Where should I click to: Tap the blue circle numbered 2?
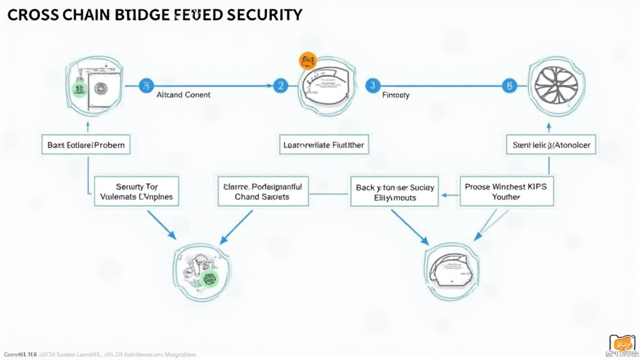click(x=280, y=86)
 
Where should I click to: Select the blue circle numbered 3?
click(x=372, y=86)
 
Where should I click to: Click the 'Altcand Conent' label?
click(x=183, y=95)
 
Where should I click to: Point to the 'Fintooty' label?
click(x=396, y=96)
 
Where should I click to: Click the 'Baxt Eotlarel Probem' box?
click(x=86, y=145)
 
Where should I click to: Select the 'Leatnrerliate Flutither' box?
click(x=323, y=145)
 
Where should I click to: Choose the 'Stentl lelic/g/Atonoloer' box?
click(x=551, y=145)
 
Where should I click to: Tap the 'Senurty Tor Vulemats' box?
click(x=137, y=191)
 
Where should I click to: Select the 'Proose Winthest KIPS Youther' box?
click(x=506, y=191)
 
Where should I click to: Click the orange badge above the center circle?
click(x=307, y=61)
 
